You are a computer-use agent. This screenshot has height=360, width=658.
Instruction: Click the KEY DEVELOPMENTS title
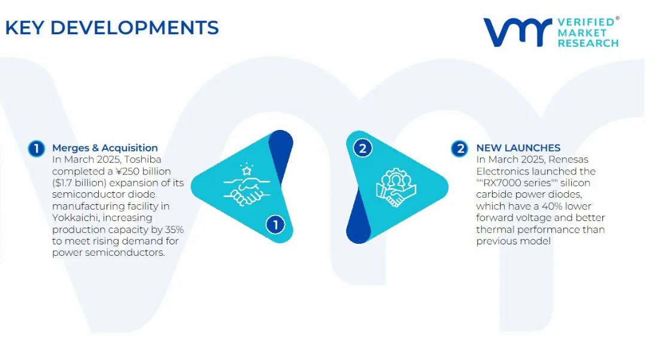[111, 28]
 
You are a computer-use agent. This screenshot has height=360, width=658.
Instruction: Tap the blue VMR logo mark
[517, 32]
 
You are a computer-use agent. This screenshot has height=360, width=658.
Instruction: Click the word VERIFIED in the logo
[586, 22]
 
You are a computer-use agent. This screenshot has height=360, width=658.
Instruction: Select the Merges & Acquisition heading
[105, 148]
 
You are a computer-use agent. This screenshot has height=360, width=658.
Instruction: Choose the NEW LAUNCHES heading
[518, 148]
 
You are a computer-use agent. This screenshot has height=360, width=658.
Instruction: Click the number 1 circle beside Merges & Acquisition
[37, 149]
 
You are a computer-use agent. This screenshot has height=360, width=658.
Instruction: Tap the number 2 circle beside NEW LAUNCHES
[460, 149]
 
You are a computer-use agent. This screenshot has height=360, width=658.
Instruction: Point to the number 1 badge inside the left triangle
[275, 225]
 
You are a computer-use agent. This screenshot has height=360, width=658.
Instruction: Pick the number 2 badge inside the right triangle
[363, 149]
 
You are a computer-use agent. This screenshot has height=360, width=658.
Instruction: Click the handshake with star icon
[247, 185]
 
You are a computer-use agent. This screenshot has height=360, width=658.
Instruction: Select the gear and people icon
[396, 187]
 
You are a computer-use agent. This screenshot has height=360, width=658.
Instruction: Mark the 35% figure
[174, 229]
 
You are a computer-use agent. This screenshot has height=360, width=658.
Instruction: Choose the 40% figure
[552, 206]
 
